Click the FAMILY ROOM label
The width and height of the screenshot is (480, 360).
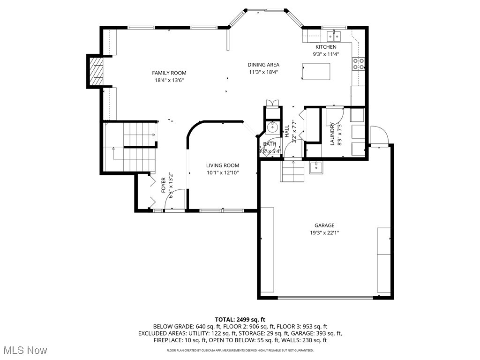(169, 73)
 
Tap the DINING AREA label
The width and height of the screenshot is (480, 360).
(263, 65)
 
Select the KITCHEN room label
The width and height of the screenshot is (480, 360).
(326, 47)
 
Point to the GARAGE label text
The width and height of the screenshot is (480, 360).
(324, 225)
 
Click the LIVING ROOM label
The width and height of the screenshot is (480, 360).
(223, 165)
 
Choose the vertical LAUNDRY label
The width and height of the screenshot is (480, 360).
(332, 134)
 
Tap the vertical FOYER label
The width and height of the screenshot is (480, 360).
(164, 185)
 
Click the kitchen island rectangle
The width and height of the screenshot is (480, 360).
(315, 71)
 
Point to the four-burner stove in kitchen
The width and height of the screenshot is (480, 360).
(359, 63)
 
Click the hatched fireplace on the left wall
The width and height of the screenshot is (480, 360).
(96, 71)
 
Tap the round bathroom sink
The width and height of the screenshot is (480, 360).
(272, 127)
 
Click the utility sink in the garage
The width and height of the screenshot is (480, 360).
(316, 166)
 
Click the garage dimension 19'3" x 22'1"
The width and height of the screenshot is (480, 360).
(324, 233)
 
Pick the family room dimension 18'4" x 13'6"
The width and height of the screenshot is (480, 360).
(169, 80)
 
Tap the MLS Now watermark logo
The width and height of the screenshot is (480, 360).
(25, 350)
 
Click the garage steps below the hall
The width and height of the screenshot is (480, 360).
(292, 171)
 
